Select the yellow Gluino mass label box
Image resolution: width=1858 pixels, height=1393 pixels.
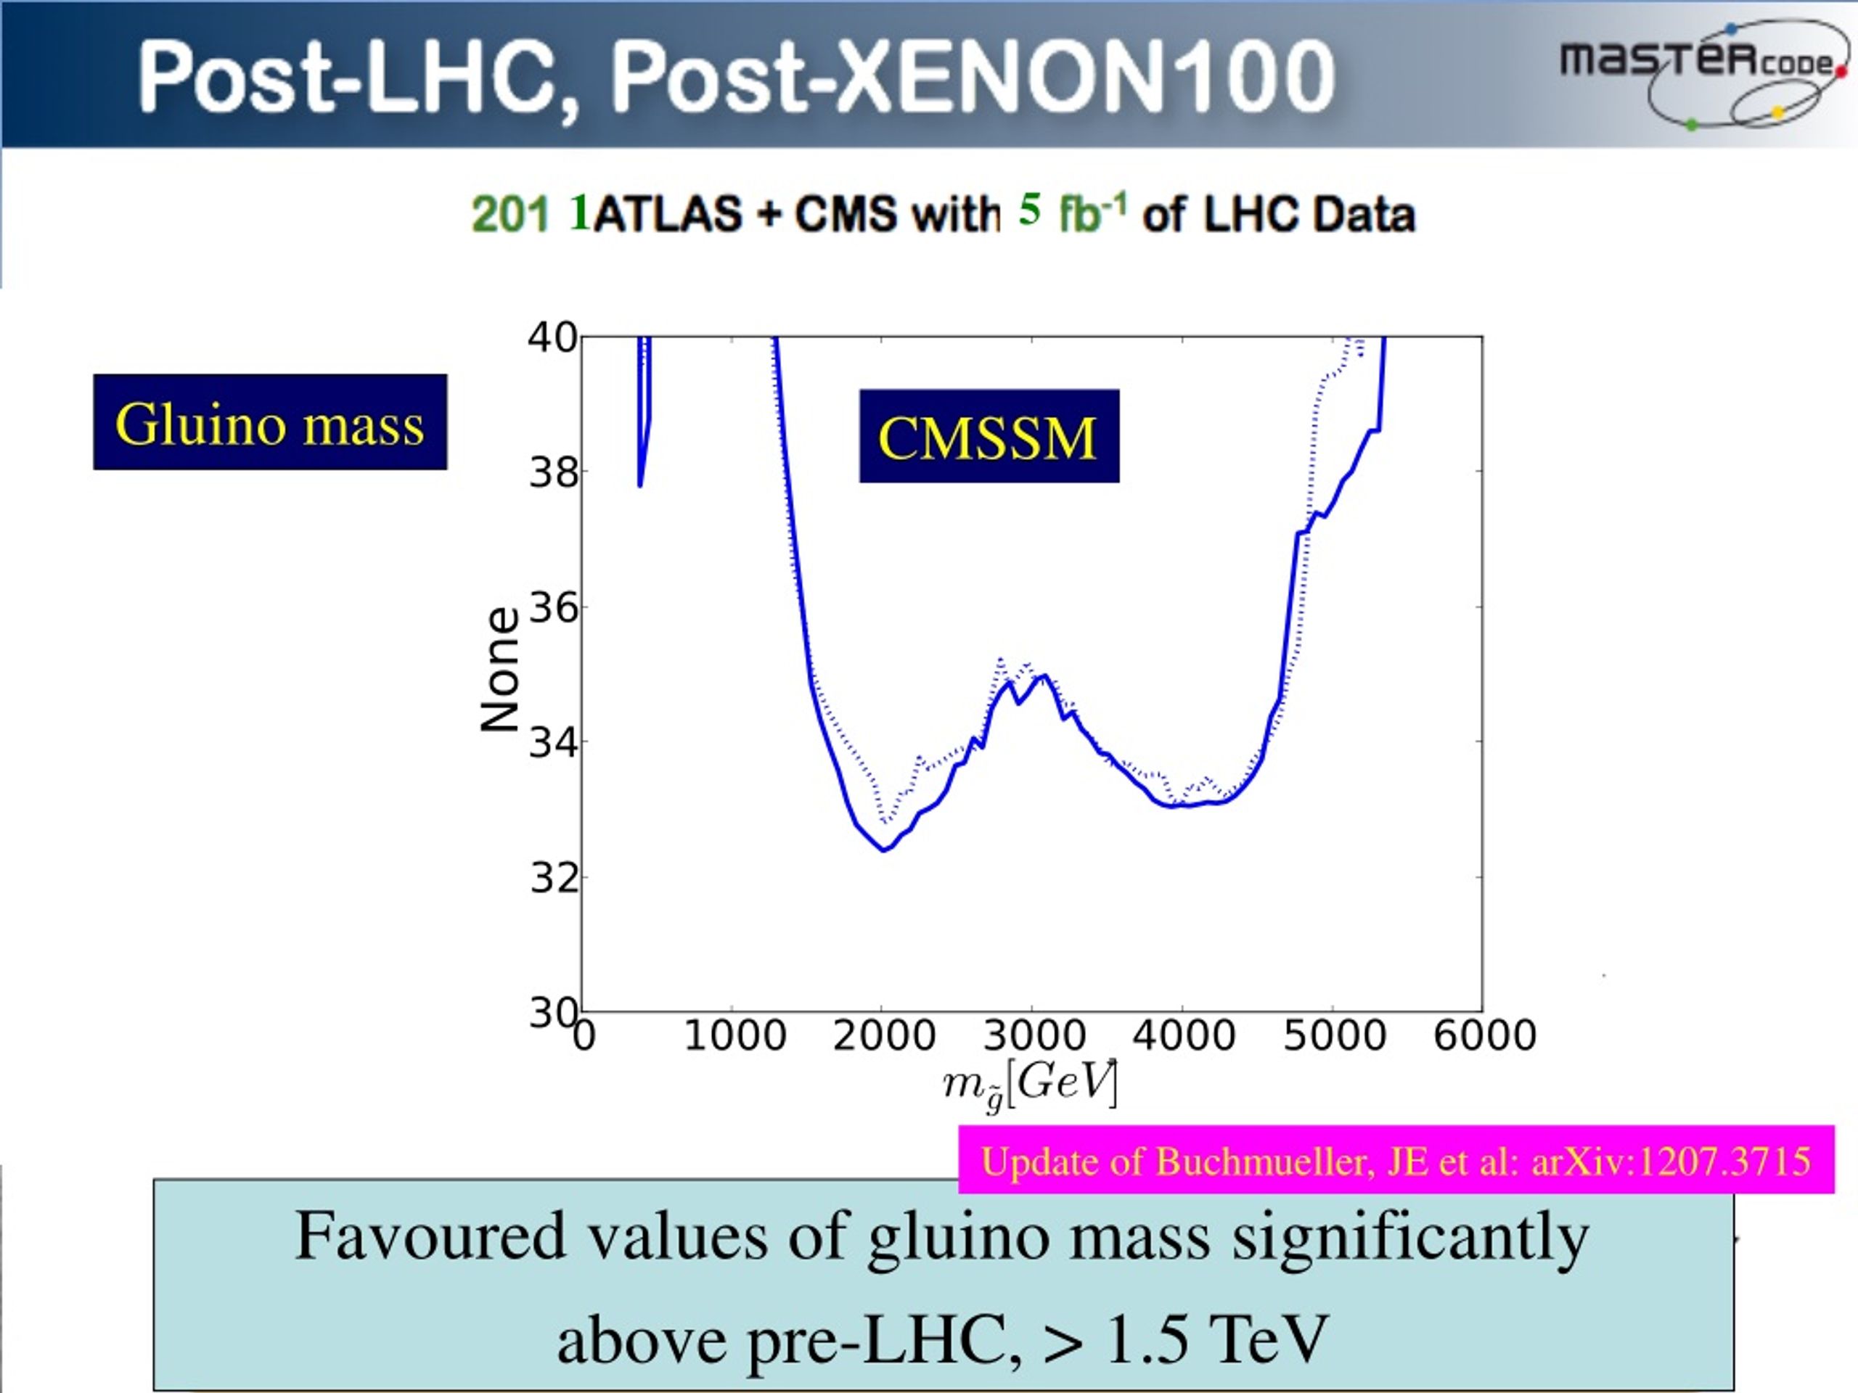pyautogui.click(x=270, y=422)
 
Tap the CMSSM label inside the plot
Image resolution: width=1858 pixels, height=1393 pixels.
pyautogui.click(x=989, y=436)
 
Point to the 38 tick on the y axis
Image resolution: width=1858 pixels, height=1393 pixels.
pyautogui.click(x=554, y=474)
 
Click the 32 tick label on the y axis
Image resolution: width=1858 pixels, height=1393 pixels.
pyautogui.click(x=554, y=879)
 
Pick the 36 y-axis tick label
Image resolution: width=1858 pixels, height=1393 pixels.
pyautogui.click(x=554, y=607)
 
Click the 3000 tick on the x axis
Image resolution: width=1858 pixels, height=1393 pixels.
pyautogui.click(x=1034, y=1035)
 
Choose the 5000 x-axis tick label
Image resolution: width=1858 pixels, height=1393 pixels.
pyautogui.click(x=1335, y=1035)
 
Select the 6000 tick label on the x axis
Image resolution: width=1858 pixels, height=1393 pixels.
pyautogui.click(x=1485, y=1035)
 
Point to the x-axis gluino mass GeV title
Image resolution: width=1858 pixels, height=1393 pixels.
pyautogui.click(x=1031, y=1085)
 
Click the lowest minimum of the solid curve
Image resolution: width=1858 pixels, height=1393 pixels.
pyautogui.click(x=884, y=850)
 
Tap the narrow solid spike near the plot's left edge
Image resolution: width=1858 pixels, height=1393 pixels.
pyautogui.click(x=644, y=411)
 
